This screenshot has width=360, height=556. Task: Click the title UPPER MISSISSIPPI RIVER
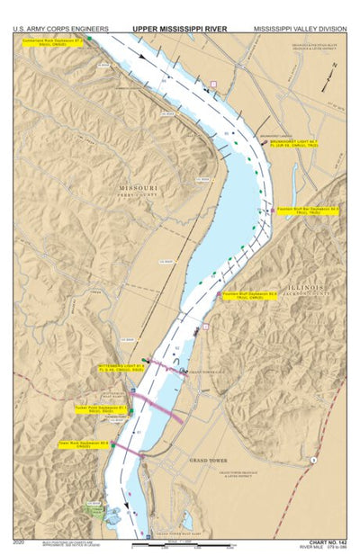[x=180, y=29]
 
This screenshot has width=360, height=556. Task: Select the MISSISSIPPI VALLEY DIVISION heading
[x=298, y=29]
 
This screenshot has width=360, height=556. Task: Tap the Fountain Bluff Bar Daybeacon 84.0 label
[x=308, y=208]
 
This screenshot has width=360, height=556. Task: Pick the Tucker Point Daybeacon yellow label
[x=98, y=408]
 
